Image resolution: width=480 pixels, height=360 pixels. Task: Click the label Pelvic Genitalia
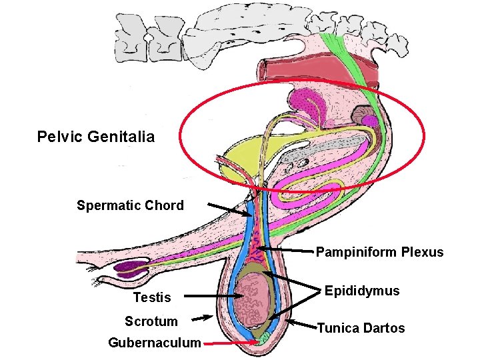coord(95,137)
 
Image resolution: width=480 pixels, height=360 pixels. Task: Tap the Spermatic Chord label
coord(130,205)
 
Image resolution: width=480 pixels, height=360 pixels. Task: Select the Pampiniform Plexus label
coord(379,252)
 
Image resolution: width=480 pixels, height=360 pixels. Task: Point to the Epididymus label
coord(362,291)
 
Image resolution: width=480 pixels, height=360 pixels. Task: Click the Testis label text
coord(152,297)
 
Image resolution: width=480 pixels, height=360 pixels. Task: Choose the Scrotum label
coord(151,321)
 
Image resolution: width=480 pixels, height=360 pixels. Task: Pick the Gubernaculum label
coord(154,343)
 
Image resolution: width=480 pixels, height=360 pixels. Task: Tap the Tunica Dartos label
coord(361,328)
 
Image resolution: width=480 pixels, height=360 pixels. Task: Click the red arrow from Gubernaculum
coord(230,343)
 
